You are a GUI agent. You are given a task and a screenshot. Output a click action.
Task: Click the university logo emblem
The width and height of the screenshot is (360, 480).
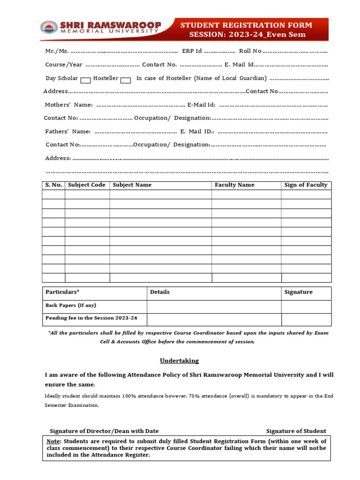pos(48,28)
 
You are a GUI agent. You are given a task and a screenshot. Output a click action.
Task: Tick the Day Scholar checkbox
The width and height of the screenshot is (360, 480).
pos(85,80)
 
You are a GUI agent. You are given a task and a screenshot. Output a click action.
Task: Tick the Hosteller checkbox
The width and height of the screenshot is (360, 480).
pos(125,80)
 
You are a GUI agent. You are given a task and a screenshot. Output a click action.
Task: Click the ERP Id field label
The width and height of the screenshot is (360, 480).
pos(192,51)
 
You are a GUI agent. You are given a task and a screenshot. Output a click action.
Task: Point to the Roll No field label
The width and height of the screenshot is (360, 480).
pos(250,51)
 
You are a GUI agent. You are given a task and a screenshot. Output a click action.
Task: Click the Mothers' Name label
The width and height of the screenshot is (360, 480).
pos(68,105)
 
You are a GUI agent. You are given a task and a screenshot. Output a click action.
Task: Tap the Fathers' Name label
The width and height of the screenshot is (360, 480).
pos(67,132)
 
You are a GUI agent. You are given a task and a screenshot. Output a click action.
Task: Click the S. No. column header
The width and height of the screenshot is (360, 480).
pos(53,185)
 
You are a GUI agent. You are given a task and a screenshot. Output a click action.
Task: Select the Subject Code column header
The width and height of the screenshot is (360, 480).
pos(87,185)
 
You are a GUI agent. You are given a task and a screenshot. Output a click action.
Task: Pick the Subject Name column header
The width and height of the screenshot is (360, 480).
pos(132,185)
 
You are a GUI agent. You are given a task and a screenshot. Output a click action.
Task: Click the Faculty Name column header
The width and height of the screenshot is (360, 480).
pos(234,185)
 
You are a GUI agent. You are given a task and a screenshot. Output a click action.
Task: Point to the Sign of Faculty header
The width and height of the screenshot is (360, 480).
pos(306,185)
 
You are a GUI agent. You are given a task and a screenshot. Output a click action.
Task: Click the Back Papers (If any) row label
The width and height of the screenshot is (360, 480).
pos(71,306)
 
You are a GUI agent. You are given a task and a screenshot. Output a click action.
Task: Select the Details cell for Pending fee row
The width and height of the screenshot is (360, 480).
pos(214,319)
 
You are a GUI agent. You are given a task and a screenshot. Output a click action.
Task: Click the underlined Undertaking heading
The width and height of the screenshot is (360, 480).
pos(179,361)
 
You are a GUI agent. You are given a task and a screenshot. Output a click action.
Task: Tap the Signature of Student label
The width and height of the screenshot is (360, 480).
pos(296,431)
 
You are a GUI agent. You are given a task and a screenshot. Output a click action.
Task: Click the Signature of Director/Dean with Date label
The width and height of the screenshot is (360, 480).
pos(104,431)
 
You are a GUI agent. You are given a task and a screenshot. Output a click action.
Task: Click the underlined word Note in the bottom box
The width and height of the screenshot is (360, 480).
pos(54,442)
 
